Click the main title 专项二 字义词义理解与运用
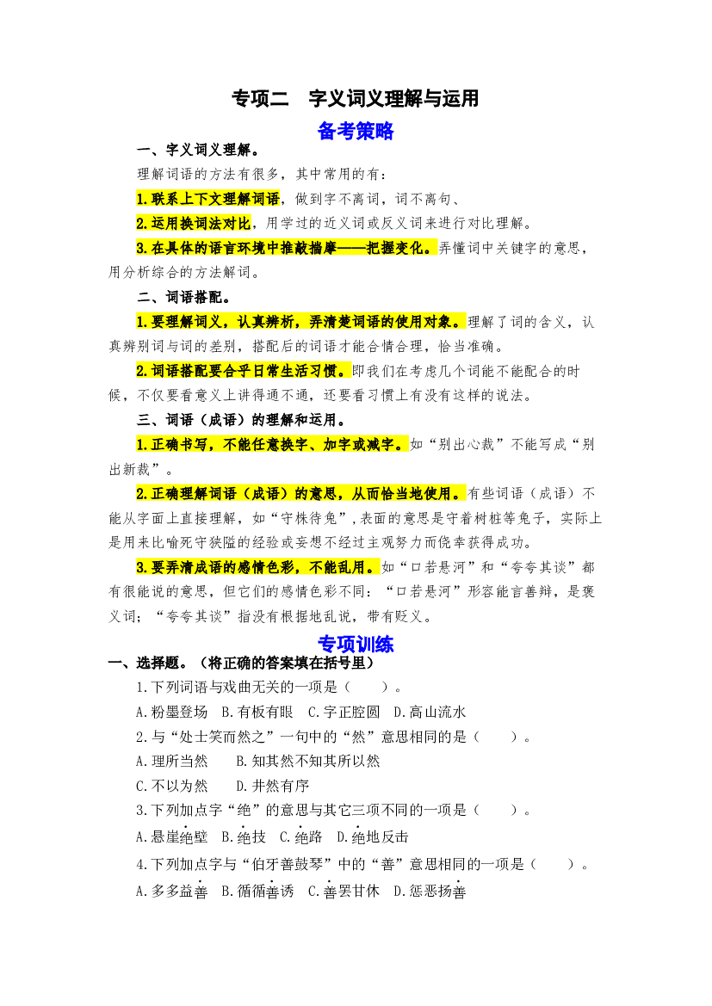(x=355, y=98)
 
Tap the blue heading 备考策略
(x=356, y=131)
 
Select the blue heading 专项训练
(x=356, y=644)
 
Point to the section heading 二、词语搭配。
(x=184, y=297)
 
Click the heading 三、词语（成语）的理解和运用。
(x=244, y=420)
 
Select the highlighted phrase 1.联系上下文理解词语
(x=208, y=199)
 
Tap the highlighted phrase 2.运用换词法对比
(x=193, y=223)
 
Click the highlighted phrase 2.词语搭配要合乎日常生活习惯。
(x=244, y=371)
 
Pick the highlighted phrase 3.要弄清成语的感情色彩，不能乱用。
(x=257, y=567)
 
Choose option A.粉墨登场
(x=172, y=713)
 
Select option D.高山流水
(x=430, y=713)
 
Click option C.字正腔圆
(x=344, y=713)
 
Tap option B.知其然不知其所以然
(x=308, y=762)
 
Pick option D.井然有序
(x=273, y=786)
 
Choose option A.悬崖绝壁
(x=172, y=836)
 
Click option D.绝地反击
(x=373, y=836)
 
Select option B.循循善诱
(x=258, y=892)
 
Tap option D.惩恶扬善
(x=430, y=892)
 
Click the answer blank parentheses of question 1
(x=367, y=687)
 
